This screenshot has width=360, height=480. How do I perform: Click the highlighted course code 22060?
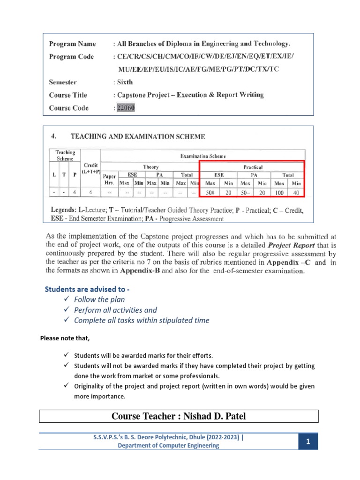[125, 108]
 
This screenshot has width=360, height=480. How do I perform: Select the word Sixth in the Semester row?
[125, 82]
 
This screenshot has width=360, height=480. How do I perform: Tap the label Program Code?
[71, 57]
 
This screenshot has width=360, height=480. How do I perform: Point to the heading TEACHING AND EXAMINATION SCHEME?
[137, 137]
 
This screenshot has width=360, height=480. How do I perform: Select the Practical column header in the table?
[253, 167]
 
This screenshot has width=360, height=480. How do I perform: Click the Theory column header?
[150, 167]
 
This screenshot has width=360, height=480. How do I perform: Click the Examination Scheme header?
[203, 156]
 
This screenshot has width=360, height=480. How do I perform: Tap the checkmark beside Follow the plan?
[66, 299]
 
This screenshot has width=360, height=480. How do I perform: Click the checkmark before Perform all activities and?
[66, 310]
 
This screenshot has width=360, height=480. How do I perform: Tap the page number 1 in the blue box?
[308, 442]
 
